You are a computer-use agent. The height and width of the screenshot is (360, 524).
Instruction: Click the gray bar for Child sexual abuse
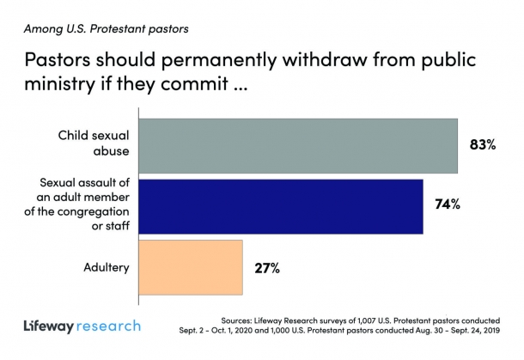click(297, 144)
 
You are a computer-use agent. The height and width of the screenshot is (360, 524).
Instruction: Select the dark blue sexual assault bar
click(280, 205)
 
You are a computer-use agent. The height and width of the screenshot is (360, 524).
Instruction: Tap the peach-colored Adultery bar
click(190, 266)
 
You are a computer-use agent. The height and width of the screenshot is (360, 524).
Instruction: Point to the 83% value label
click(483, 144)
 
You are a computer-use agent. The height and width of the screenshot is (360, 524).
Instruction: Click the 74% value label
click(448, 204)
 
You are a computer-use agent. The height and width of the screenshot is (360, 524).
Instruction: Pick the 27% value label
click(266, 267)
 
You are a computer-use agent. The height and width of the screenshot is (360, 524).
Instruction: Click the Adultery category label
click(106, 267)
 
